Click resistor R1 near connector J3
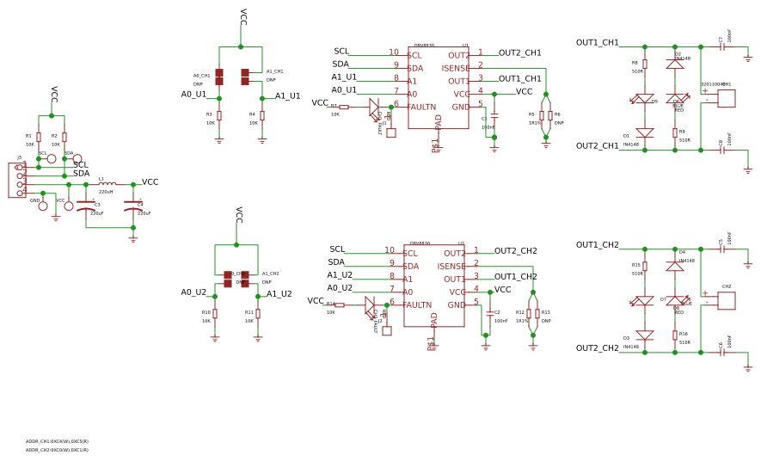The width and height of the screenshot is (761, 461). coord(39,138)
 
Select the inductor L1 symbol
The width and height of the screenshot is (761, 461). coord(107,183)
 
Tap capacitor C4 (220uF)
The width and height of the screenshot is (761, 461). coord(133,206)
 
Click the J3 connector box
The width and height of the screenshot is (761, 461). coord(17,181)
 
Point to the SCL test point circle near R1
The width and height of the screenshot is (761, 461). coord(52,159)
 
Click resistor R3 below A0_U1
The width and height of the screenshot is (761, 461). coord(219,115)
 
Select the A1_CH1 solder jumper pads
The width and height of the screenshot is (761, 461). coord(245,77)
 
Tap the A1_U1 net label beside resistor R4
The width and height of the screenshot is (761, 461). coord(288,96)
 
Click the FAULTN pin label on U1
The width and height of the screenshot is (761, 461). coord(421,108)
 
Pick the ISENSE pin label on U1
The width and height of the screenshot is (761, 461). coord(456,69)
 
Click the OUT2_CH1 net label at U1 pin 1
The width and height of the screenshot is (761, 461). coord(520,53)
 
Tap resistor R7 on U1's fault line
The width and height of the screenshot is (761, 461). coord(344,107)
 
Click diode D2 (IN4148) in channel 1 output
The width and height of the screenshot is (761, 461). coord(675,65)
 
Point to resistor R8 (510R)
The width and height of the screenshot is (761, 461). coord(645,64)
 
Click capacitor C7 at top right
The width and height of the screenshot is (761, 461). coord(722,46)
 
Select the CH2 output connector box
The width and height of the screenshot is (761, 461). coord(727,300)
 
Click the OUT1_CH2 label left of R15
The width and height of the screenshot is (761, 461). coord(598,245)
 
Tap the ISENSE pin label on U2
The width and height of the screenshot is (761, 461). coord(451,267)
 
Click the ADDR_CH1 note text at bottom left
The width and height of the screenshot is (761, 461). coord(57,441)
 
